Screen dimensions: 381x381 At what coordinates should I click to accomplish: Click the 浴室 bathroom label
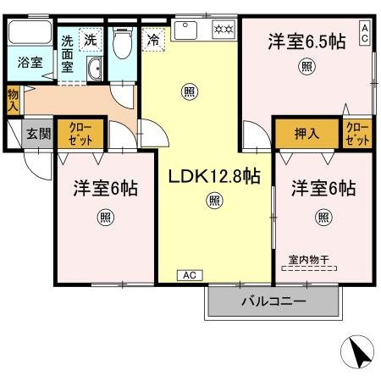pyautogui.click(x=30, y=63)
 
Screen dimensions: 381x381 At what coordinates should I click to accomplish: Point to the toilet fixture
pyautogui.click(x=121, y=41)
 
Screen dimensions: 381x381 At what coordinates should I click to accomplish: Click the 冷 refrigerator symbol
pyautogui.click(x=152, y=40)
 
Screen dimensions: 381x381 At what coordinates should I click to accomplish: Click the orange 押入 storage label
pyautogui.click(x=306, y=134)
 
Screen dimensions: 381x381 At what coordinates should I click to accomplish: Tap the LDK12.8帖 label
pyautogui.click(x=213, y=177)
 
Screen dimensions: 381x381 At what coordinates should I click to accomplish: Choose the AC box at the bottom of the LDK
pyautogui.click(x=190, y=275)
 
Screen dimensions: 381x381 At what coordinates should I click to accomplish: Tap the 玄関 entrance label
pyautogui.click(x=37, y=133)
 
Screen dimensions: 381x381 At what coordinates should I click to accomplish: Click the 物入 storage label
pyautogui.click(x=13, y=100)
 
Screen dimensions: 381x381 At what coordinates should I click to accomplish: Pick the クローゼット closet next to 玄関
pyautogui.click(x=82, y=134)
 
